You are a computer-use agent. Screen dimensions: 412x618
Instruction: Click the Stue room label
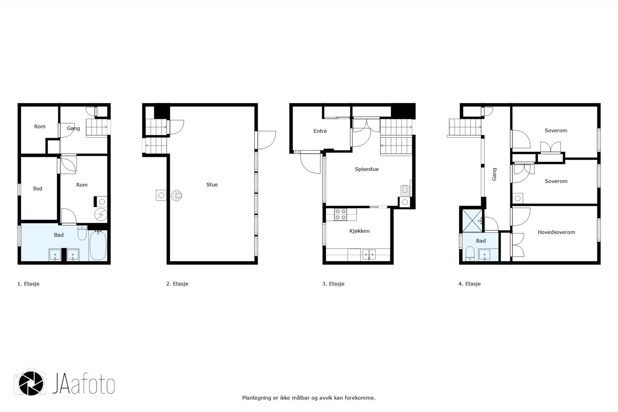pyautogui.click(x=212, y=185)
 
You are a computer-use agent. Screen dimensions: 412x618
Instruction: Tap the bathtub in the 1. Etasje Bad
pyautogui.click(x=98, y=246)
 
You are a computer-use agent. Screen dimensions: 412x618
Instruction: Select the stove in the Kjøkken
pyautogui.click(x=341, y=215)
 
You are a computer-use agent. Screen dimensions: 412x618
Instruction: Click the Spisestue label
pyautogui.click(x=367, y=169)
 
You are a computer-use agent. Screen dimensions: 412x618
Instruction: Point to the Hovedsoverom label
pyautogui.click(x=556, y=232)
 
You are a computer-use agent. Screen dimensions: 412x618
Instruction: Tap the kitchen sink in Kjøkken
pyautogui.click(x=369, y=254)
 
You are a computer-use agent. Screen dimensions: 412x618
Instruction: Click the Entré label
pyautogui.click(x=320, y=131)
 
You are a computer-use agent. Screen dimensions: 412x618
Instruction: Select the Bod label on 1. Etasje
pyautogui.click(x=37, y=189)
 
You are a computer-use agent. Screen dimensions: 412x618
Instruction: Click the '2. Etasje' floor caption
pyautogui.click(x=177, y=284)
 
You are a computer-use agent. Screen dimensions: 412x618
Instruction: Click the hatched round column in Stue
pyautogui.click(x=177, y=196)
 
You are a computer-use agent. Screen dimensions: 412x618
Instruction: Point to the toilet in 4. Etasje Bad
pyautogui.click(x=470, y=254)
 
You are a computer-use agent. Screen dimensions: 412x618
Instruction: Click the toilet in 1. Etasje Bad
pyautogui.click(x=82, y=234)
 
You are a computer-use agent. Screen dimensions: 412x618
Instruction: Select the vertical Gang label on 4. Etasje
pyautogui.click(x=494, y=174)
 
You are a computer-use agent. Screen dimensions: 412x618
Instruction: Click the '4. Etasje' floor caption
pyautogui.click(x=469, y=284)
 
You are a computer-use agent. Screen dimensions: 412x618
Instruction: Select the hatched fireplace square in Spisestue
pyautogui.click(x=404, y=190)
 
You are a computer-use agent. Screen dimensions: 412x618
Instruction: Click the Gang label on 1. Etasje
pyautogui.click(x=73, y=128)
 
